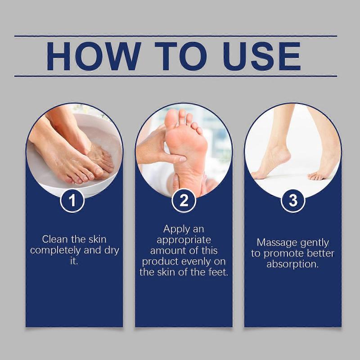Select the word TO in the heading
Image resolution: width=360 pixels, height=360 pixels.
[175, 56]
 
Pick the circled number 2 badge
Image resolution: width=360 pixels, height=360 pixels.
[184, 200]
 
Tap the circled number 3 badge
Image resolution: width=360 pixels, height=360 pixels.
[293, 200]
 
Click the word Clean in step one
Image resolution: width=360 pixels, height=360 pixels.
[56, 239]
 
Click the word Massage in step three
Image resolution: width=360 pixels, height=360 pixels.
[275, 243]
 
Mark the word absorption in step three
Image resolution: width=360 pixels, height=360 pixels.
[292, 264]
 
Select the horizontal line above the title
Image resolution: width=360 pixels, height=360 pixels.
[175, 36]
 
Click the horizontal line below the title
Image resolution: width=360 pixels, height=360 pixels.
[175, 76]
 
